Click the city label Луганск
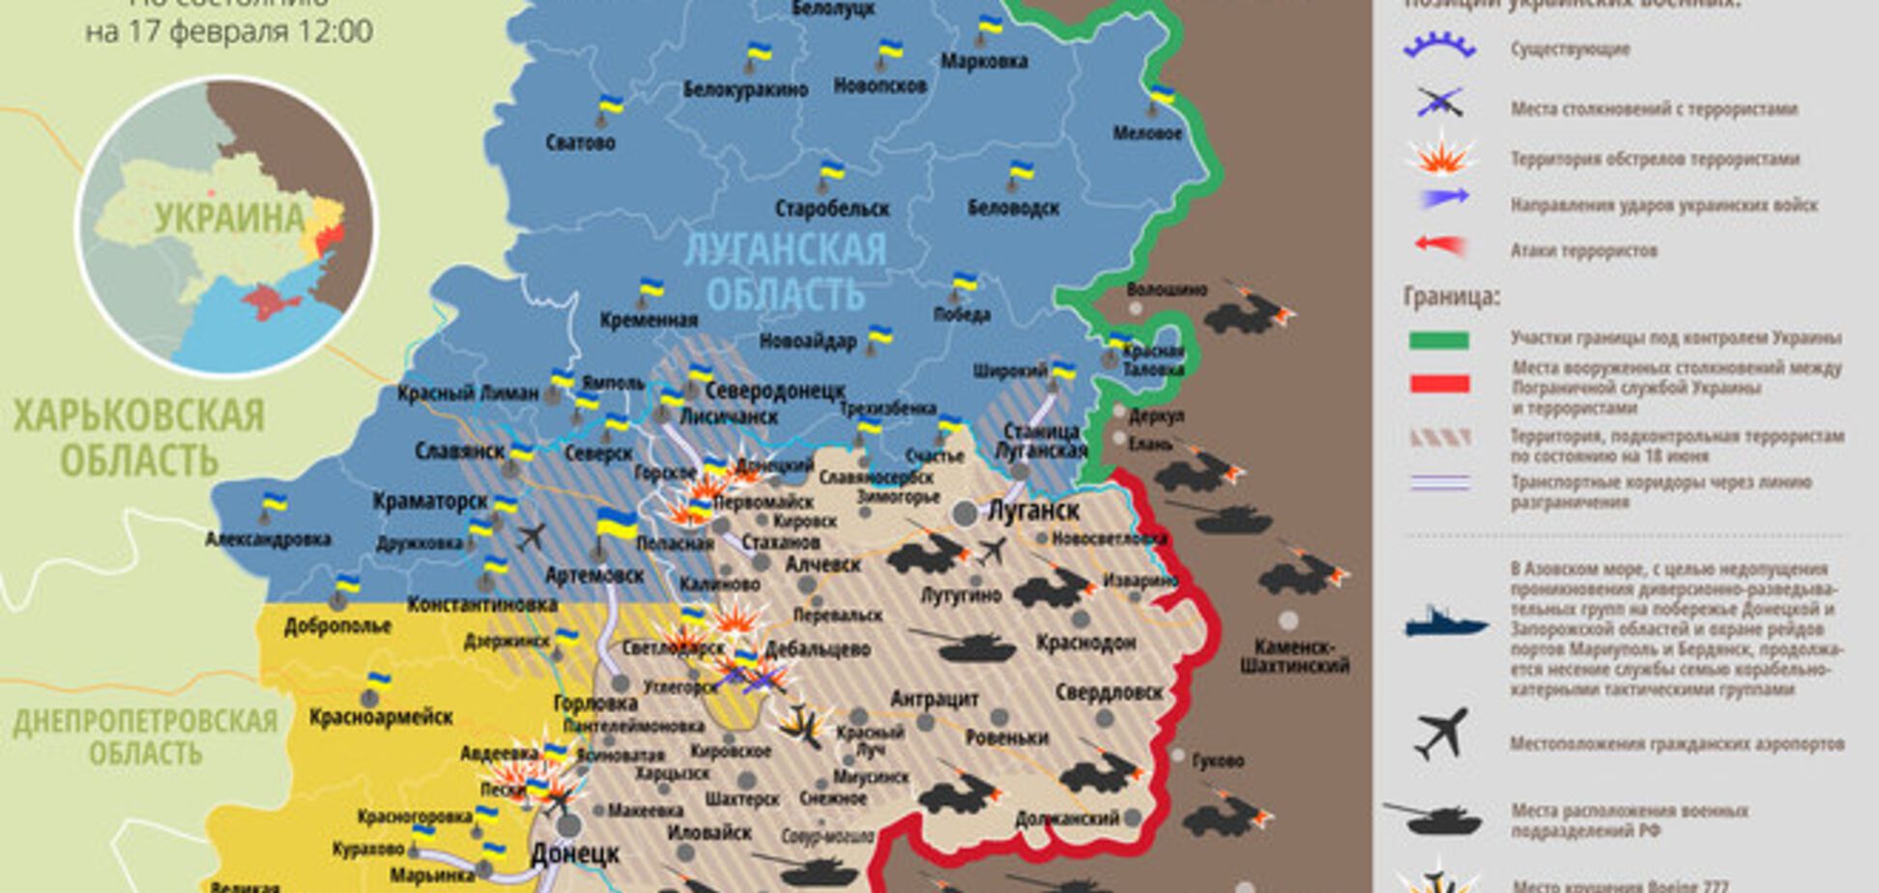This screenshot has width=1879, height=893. tap(1032, 509)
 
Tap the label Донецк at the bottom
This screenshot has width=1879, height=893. tap(574, 854)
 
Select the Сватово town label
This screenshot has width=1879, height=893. tap(580, 143)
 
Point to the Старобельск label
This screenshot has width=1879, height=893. tap(831, 208)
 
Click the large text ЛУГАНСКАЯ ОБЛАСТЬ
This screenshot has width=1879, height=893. tap(785, 272)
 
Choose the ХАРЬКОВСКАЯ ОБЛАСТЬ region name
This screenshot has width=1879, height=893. tap(138, 438)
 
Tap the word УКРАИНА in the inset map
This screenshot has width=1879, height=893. tap(229, 217)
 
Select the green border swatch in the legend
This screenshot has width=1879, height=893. tap(1439, 339)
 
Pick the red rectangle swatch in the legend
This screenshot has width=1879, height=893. tap(1439, 384)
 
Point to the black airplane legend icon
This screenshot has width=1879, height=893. tap(1441, 734)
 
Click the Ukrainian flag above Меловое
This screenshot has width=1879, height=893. tap(1161, 95)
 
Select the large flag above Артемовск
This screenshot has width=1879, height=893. tap(615, 524)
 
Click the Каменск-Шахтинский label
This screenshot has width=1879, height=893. tap(1293, 656)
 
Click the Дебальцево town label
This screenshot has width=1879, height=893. tap(818, 649)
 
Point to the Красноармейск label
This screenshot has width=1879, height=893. tap(381, 717)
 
